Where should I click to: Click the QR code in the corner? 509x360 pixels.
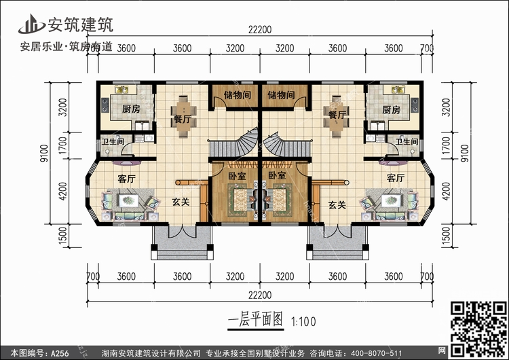point(478,329)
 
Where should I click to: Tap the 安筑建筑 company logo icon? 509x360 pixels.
point(31,24)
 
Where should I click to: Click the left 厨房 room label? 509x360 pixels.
point(131,109)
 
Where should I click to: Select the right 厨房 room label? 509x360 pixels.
point(391,110)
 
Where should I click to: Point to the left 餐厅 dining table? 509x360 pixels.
point(184,116)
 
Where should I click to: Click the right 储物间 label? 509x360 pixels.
point(281,95)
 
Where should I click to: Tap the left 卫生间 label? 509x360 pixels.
point(113,142)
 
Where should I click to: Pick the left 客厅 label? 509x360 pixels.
point(126,179)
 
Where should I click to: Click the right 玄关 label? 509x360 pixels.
point(337,204)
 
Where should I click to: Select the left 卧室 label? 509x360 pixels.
point(237,176)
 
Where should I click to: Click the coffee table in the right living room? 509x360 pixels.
point(392,200)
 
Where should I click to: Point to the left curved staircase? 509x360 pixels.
point(233,145)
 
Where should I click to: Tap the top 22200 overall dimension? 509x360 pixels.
point(260,30)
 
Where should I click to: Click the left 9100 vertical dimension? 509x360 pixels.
point(44,153)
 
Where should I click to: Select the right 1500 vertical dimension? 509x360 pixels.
point(447,236)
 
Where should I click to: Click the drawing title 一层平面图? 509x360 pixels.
point(255,320)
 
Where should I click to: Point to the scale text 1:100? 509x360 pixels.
point(303,322)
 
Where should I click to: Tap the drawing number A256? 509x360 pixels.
point(60,353)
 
